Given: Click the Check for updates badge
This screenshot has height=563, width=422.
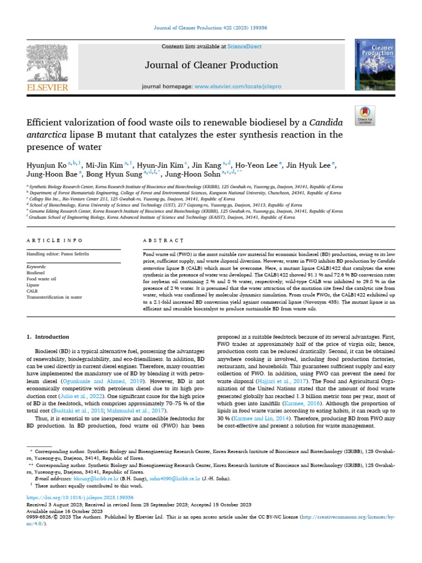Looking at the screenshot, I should point(365,114).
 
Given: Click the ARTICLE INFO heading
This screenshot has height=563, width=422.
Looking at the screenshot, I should point(55,240).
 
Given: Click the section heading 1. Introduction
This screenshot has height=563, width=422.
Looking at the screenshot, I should point(48,336).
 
